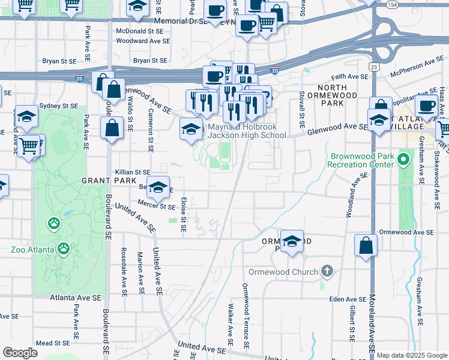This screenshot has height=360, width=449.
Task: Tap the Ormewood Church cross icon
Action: tap(327, 272)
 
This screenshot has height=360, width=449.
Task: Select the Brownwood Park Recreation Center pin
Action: tap(403, 160)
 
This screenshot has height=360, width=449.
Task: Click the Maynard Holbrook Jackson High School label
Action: tap(247, 131)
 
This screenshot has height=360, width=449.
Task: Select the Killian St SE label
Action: tap(132, 172)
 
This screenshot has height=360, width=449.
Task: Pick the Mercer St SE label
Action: tap(155, 206)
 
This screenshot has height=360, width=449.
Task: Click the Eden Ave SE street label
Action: tap(347, 299)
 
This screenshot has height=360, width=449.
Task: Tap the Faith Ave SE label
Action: tap(349, 77)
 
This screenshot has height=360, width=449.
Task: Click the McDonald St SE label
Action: tap(139, 31)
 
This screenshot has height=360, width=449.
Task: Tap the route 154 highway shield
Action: tap(392, 4)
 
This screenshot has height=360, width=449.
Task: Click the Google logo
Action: tap(20, 353)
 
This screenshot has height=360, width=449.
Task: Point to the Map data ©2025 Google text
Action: tap(412, 355)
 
